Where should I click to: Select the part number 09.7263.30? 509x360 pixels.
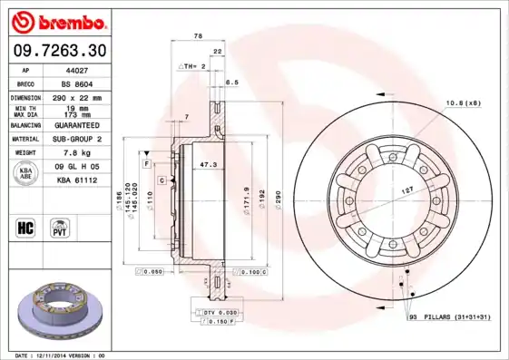coord(58,50)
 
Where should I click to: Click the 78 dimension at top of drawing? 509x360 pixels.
coord(198,35)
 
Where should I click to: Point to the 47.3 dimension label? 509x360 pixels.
coord(208,165)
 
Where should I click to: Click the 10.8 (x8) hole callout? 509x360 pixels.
coord(463,103)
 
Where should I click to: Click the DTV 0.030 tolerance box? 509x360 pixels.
coord(214,311)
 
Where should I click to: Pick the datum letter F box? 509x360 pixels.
coord(145,162)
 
